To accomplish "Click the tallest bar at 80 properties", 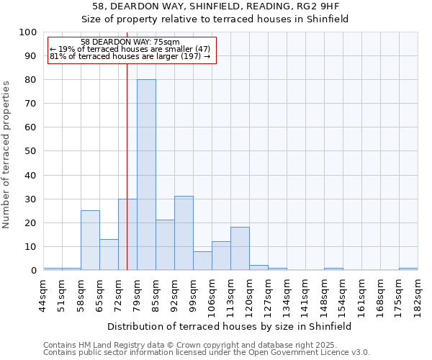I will coord(146,175).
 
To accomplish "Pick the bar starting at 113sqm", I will coord(240,248).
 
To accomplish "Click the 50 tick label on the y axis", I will coord(31,151).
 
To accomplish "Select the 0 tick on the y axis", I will coord(34,271).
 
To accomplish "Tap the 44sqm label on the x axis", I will coord(44,292).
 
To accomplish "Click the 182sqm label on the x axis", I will coord(418,292).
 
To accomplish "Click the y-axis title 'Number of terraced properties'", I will coord(7,154).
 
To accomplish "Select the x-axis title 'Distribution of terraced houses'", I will coord(229,326).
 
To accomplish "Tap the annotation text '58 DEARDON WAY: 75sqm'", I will coord(130,42).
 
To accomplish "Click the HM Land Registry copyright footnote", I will coord(206,345).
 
